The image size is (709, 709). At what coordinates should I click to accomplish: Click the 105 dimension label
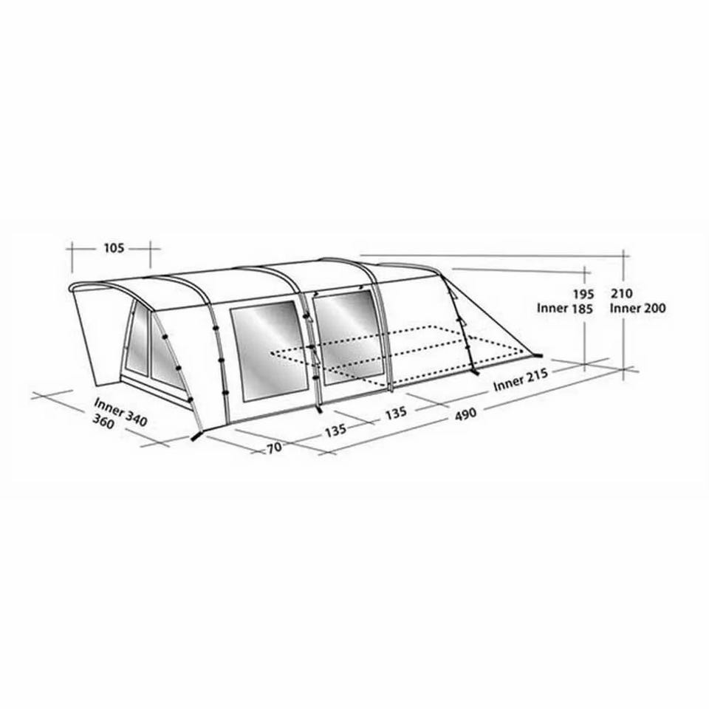tap(114, 248)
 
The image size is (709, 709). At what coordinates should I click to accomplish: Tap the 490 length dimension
tap(465, 414)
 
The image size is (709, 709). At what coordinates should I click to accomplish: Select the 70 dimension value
tap(274, 448)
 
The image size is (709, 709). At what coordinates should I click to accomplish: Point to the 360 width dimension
tap(103, 422)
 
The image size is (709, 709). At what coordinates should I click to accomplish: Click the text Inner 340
tap(120, 412)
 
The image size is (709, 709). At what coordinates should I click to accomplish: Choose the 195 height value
tap(583, 295)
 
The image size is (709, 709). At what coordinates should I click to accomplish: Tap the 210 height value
tap(622, 293)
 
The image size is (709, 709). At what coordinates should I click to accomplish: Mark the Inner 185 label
tap(565, 309)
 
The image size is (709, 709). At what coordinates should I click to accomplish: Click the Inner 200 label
tap(637, 309)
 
